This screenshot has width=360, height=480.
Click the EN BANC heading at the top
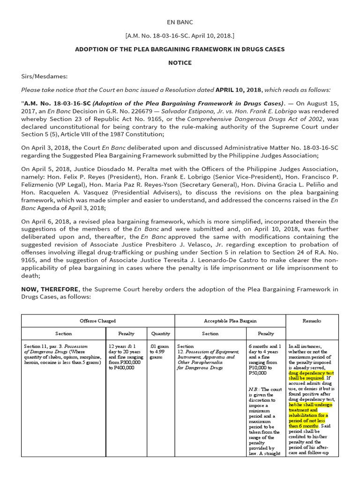click(x=180, y=22)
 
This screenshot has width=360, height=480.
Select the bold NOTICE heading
click(x=180, y=63)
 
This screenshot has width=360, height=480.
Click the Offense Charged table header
click(x=98, y=321)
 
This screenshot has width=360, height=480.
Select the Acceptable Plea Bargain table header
click(x=230, y=321)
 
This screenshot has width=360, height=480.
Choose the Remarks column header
click(x=312, y=321)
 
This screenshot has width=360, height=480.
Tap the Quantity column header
click(x=160, y=334)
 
